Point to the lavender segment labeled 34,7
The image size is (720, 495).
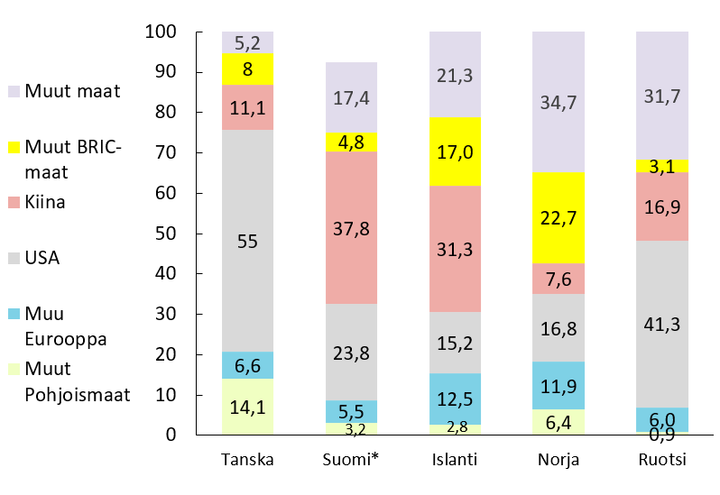(x=557, y=102)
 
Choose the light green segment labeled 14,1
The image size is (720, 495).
(x=247, y=407)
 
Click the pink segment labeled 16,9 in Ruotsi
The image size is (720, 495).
(x=660, y=206)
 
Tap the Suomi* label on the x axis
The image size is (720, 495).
(x=350, y=460)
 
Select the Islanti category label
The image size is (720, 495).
(x=454, y=460)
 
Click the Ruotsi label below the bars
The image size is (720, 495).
(x=660, y=460)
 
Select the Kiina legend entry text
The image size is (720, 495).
(x=45, y=202)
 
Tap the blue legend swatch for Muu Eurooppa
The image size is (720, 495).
(x=14, y=314)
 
